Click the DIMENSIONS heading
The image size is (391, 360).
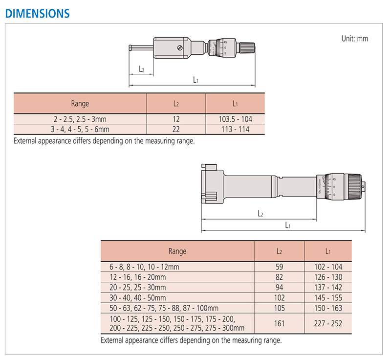38,14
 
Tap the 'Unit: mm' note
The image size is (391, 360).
355,39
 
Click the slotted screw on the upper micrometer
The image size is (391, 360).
180,48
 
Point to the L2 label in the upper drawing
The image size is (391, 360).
141,69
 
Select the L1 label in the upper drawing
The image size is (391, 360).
196,80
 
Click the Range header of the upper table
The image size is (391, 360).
80,103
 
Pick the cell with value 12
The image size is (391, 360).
176,119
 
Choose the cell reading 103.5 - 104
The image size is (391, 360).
236,119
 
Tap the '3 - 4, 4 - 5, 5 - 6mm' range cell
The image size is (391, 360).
80,129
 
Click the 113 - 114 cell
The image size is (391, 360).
236,129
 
